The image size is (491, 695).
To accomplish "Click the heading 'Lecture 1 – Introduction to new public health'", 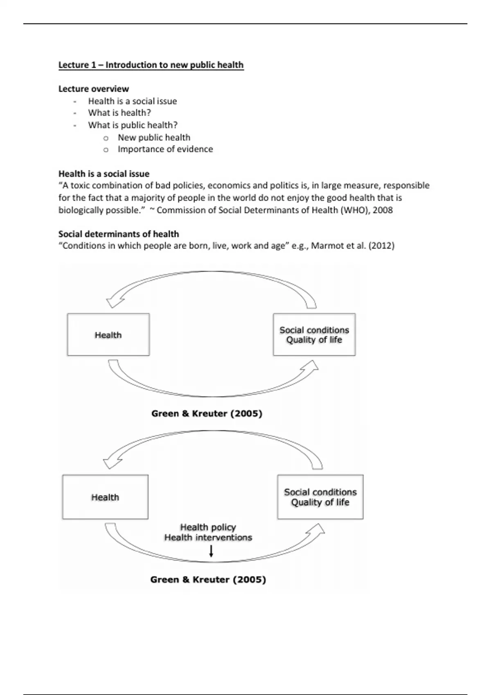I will click(x=151, y=65).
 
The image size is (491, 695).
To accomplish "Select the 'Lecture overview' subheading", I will click(x=93, y=89).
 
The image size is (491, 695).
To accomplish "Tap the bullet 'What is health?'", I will click(x=119, y=113).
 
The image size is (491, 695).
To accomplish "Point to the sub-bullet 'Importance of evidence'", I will click(x=165, y=149).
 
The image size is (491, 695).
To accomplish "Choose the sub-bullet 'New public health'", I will click(x=154, y=137).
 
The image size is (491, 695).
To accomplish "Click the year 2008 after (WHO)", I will click(x=383, y=210).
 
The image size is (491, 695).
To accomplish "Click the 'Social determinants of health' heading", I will click(x=119, y=234).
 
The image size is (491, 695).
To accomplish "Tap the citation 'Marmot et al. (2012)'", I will click(x=353, y=246).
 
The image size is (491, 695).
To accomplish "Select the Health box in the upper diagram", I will click(x=108, y=335).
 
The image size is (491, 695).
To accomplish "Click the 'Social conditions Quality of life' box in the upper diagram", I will click(x=314, y=335).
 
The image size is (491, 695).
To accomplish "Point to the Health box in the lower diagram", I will click(x=105, y=497).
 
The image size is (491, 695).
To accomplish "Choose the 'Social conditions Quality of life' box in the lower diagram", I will click(x=320, y=497).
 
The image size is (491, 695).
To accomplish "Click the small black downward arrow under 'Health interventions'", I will click(x=211, y=552).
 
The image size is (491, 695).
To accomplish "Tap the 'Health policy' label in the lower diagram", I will click(x=208, y=527).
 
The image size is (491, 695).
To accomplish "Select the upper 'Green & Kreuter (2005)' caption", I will click(x=207, y=413).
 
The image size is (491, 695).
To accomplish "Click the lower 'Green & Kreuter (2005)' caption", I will click(x=208, y=579).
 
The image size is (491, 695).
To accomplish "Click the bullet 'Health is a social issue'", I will click(x=132, y=101).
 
